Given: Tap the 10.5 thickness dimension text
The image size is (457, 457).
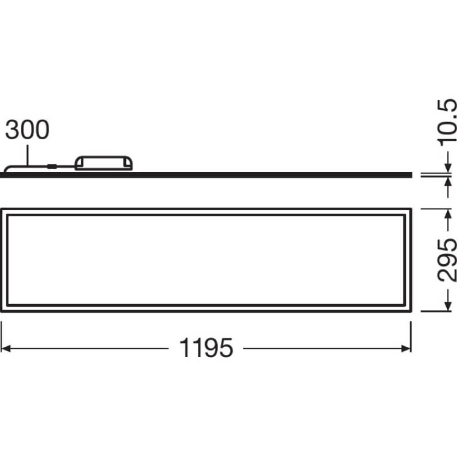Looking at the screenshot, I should coord(447,121).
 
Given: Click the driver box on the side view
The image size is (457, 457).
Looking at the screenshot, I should coord(104,163).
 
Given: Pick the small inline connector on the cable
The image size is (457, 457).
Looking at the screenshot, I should coord(52,167).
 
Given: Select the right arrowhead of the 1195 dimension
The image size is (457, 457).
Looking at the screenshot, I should coord(407,348).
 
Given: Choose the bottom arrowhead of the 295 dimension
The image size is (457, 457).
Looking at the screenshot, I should coord(447,307).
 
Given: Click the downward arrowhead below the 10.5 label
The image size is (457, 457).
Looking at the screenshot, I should coord(447,168).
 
